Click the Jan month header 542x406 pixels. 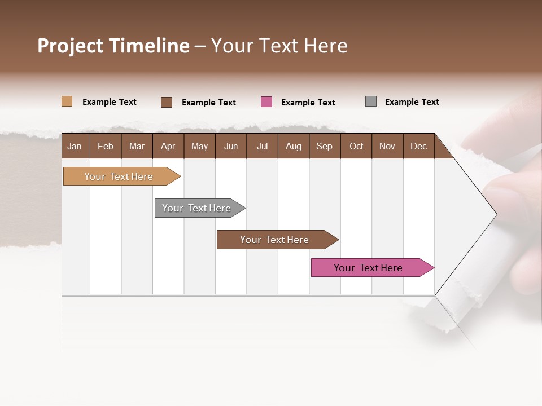[75, 146]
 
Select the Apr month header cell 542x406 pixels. [168, 146]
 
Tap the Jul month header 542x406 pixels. [262, 146]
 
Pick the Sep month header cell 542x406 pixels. [324, 146]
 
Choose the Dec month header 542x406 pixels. [418, 146]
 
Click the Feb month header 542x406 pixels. [106, 146]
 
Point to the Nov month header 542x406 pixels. [387, 146]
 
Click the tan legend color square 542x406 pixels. [67, 101]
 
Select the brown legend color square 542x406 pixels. [167, 102]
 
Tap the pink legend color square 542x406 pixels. [266, 102]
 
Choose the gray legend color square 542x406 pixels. [371, 101]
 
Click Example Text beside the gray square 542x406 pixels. [412, 102]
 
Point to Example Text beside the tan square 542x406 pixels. [110, 102]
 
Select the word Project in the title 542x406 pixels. [71, 46]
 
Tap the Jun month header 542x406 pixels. [230, 146]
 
